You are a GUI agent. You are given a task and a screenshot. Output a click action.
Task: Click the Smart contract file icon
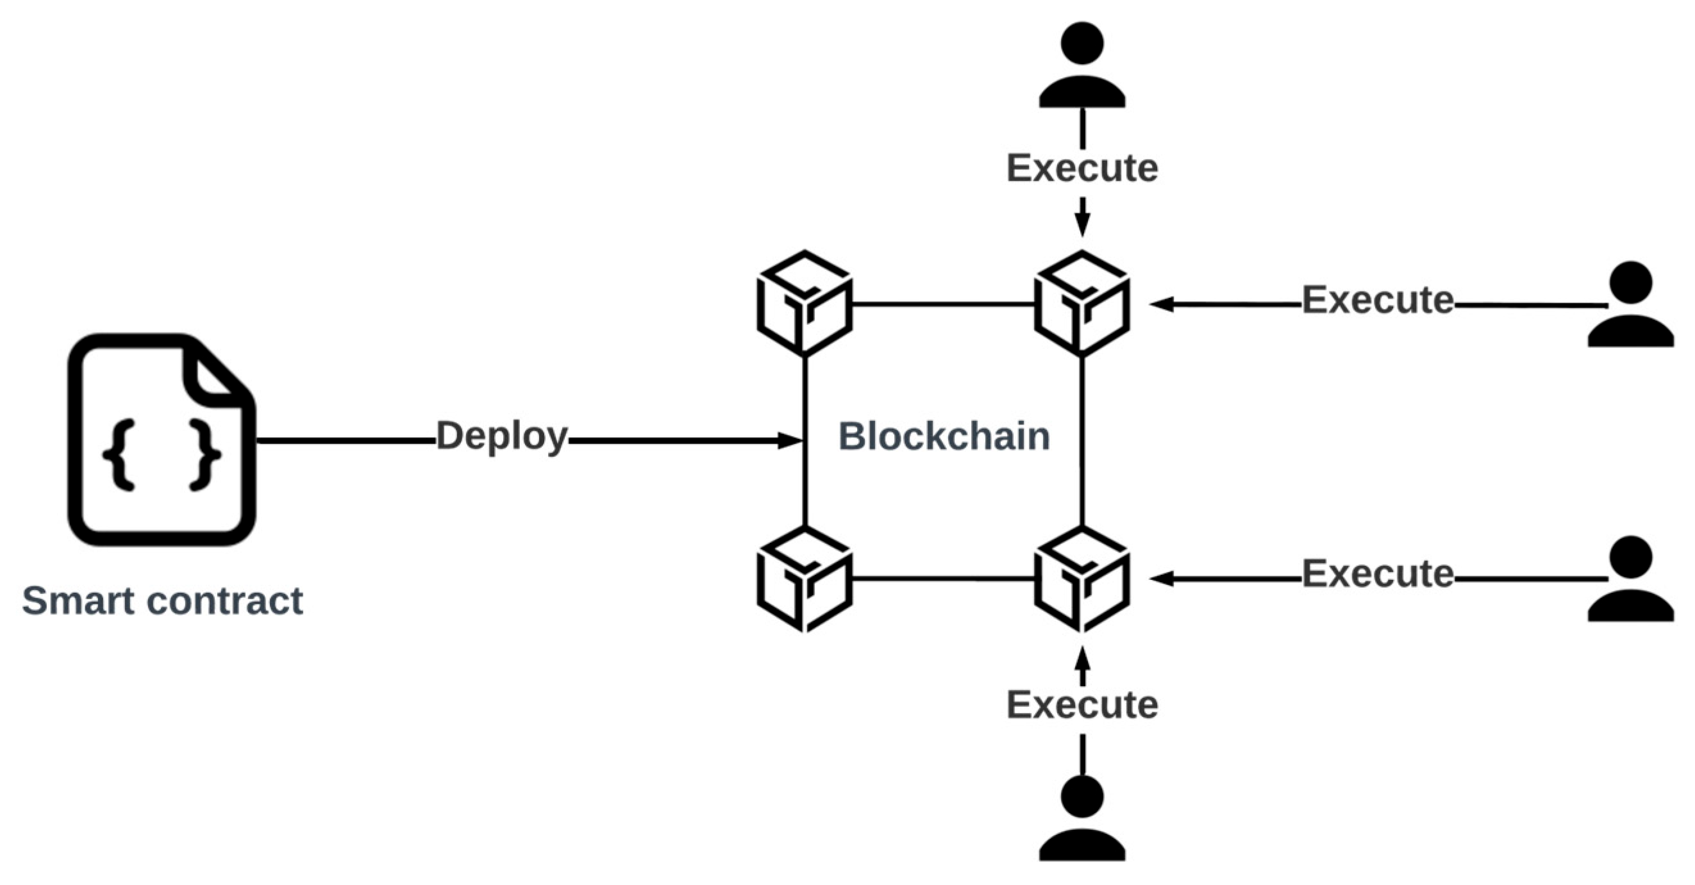tap(161, 440)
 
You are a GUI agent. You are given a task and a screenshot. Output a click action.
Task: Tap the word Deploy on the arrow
tap(501, 436)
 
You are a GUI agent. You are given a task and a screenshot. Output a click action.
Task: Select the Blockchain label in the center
tap(944, 436)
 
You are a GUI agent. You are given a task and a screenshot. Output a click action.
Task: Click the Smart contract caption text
tap(163, 600)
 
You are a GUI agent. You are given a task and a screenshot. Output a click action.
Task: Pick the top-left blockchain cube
tap(804, 303)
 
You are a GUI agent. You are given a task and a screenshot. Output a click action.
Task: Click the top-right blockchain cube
tap(1081, 303)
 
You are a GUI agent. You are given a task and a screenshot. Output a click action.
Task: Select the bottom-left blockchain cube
tap(804, 579)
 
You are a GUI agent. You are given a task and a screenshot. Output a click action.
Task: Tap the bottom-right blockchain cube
tap(1081, 579)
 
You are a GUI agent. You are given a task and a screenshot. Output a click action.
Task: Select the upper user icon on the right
tap(1630, 304)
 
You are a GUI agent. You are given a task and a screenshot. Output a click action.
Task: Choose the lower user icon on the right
tap(1630, 579)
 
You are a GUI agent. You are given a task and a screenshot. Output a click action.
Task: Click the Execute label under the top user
tap(1081, 169)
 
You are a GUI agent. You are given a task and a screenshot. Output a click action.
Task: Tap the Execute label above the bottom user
tap(1081, 706)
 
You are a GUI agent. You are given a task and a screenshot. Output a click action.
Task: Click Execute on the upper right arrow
tap(1377, 300)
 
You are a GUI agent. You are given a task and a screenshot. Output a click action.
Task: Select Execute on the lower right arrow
tap(1377, 574)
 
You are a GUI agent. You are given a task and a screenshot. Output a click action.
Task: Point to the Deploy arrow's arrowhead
tap(789, 440)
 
